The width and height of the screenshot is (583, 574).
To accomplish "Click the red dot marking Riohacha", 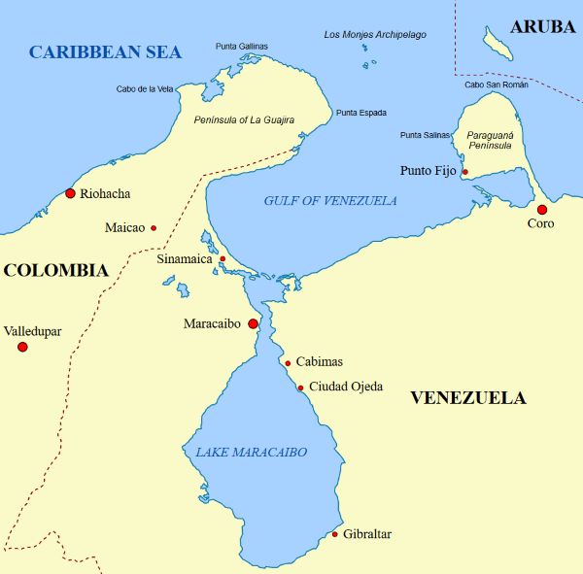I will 70,193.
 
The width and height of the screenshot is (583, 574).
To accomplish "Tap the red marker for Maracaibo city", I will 253,323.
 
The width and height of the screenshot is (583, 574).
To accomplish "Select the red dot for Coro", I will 541,209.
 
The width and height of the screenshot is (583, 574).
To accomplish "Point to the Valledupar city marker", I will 22,347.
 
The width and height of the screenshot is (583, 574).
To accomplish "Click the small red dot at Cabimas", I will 288,363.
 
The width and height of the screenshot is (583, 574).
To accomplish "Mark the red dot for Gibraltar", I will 334,534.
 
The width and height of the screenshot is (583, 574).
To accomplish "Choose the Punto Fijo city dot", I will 464,172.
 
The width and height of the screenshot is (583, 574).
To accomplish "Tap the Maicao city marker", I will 153,228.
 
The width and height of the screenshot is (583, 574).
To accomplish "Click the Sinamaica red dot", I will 222,258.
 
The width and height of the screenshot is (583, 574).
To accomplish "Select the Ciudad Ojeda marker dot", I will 300,388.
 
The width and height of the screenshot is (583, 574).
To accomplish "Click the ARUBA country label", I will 542,27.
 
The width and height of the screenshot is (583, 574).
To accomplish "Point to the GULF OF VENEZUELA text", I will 330,201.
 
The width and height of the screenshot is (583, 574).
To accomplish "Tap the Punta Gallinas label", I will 241,47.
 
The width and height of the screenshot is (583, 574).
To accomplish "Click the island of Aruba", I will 498,43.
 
